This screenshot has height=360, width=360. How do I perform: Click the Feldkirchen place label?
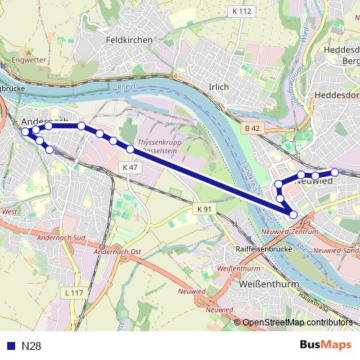(x=129, y=40)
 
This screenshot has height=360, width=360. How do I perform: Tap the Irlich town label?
(x=217, y=86)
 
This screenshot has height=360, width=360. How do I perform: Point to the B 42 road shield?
(x=251, y=128)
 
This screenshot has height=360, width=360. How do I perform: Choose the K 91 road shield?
(x=204, y=209)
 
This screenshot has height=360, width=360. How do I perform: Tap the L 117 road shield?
(x=73, y=292)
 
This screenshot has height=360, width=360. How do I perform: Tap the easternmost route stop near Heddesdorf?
(x=335, y=172)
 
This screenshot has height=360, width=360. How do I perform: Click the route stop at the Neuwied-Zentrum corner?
(x=293, y=214)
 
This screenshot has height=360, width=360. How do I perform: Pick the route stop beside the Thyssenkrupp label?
(x=130, y=149)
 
